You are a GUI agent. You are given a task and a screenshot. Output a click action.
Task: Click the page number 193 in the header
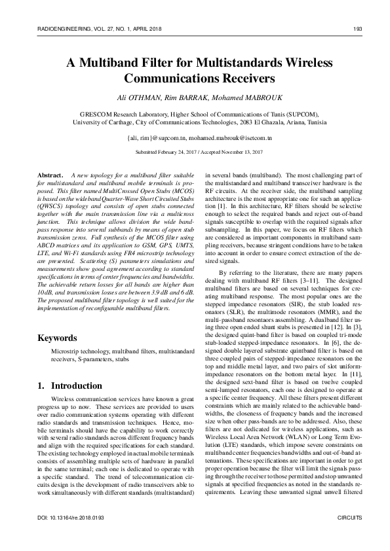[x=358, y=29]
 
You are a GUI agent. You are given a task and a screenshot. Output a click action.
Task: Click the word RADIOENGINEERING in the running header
[x=56, y=29]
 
